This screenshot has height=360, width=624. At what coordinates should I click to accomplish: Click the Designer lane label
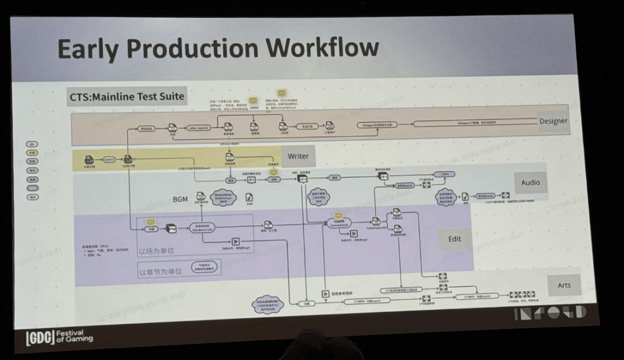(x=553, y=121)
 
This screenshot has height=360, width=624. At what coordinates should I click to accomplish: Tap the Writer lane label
(x=298, y=155)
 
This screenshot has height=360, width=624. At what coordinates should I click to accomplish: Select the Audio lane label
(x=530, y=182)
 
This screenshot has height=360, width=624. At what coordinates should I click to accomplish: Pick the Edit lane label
(x=455, y=238)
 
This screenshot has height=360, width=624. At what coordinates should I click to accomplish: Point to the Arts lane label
(x=563, y=285)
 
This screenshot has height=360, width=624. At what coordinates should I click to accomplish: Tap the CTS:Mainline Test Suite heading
(x=127, y=97)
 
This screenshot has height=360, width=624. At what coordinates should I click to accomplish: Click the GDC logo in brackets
(x=40, y=338)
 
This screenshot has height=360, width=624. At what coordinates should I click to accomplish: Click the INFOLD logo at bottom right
(x=549, y=313)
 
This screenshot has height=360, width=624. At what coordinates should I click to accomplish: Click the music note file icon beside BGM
(x=249, y=197)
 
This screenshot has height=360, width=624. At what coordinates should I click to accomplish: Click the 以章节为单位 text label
(x=160, y=270)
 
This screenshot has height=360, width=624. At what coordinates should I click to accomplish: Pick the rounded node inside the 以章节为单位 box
(x=198, y=269)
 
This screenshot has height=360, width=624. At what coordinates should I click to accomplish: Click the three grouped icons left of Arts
(x=521, y=295)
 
